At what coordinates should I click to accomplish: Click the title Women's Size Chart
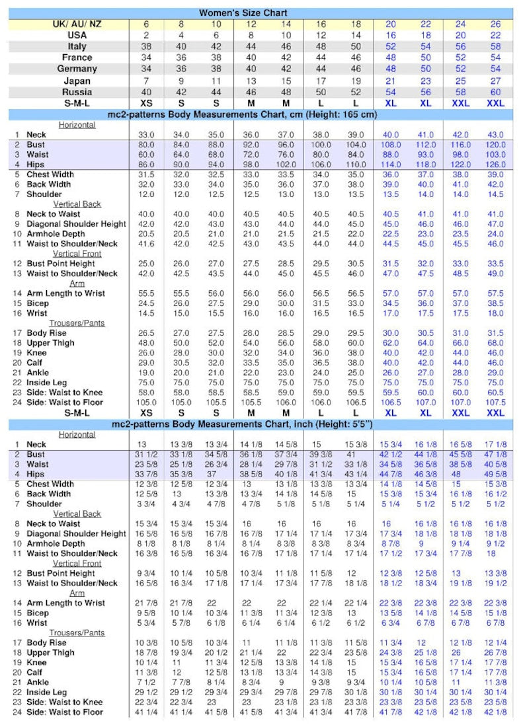(x=243, y=13)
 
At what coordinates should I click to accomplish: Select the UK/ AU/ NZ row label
(x=82, y=24)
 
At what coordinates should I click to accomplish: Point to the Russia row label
(x=77, y=92)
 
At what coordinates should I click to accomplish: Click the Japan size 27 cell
(x=495, y=81)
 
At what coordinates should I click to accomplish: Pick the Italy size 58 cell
(x=495, y=46)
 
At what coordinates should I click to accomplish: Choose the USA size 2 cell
(x=147, y=35)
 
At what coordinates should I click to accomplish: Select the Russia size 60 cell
(x=495, y=92)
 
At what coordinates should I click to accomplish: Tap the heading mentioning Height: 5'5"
(x=243, y=424)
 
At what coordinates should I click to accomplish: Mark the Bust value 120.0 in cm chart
(x=495, y=145)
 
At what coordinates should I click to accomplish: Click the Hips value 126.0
(x=495, y=165)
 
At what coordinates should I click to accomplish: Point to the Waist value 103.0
(x=495, y=155)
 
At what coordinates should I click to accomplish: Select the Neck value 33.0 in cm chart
(x=147, y=135)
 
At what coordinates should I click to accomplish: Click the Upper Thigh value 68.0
(x=495, y=343)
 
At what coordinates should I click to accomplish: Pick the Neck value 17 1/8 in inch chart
(x=495, y=444)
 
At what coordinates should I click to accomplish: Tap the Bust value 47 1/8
(x=495, y=454)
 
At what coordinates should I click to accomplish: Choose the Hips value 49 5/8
(x=495, y=474)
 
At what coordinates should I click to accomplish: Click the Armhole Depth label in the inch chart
(x=57, y=543)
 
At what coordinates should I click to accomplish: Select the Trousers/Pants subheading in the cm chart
(x=77, y=323)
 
